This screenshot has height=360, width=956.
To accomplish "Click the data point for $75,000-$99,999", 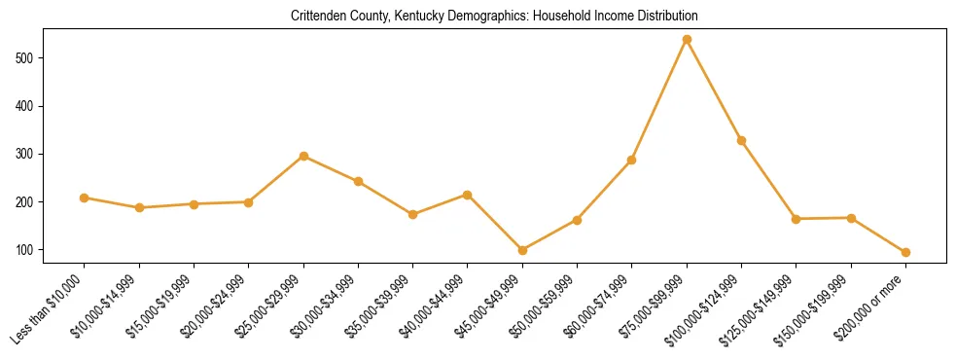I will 687,40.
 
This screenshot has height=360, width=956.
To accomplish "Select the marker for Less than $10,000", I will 85,198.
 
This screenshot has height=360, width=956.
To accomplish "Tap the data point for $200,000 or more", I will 905,252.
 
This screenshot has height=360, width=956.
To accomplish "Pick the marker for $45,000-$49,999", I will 522,250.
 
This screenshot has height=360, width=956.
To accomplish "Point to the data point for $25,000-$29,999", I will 303,156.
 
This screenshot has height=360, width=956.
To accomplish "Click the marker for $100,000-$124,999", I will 741,140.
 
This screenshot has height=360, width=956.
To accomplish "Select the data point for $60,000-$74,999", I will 632,160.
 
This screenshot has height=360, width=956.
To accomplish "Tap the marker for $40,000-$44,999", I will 468,195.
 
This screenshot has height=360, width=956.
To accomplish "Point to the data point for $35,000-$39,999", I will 413,214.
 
